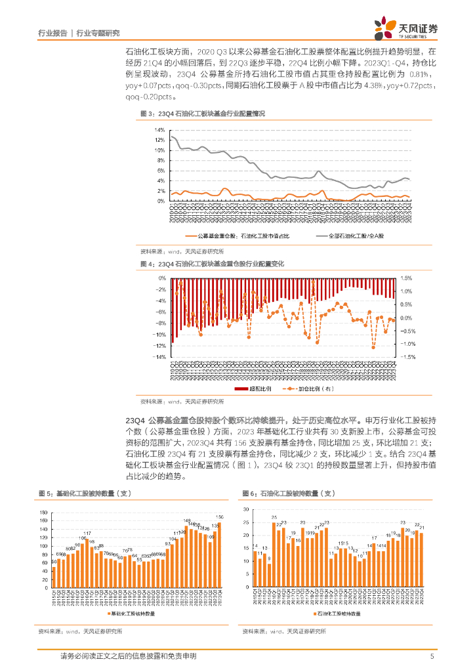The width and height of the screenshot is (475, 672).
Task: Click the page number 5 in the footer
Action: (432, 656)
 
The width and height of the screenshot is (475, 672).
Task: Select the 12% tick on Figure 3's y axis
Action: (160, 140)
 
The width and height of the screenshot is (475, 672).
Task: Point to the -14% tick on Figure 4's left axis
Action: (159, 358)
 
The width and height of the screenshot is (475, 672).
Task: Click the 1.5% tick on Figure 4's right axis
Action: (407, 278)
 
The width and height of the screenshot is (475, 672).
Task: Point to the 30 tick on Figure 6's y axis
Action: (245, 509)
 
